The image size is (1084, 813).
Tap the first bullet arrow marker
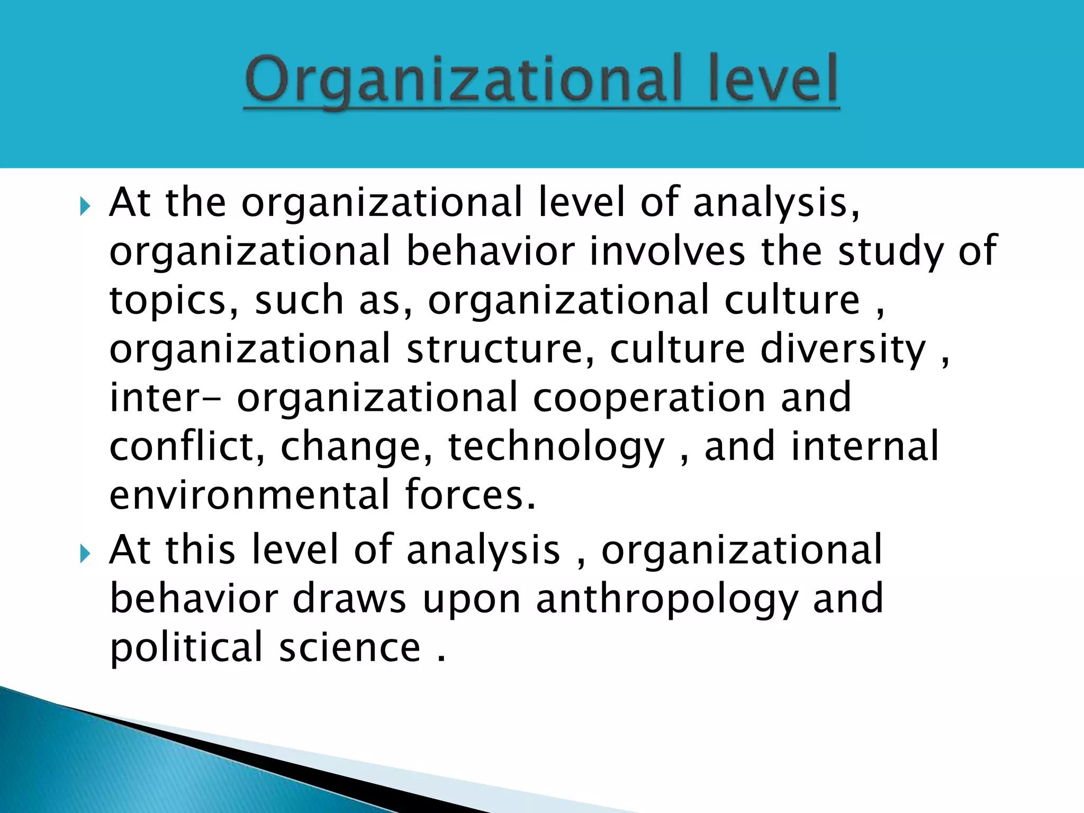tap(85, 206)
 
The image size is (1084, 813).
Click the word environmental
tap(249, 494)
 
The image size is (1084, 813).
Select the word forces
tap(470, 494)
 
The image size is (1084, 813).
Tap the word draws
tap(349, 599)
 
